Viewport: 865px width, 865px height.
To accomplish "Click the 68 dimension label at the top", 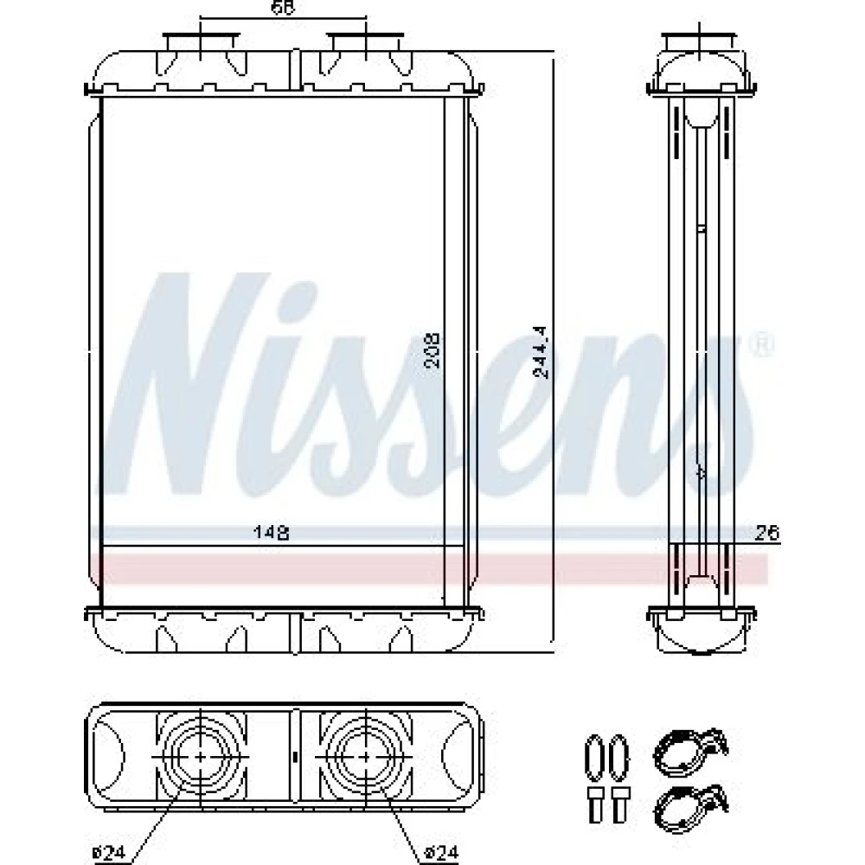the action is (x=283, y=7).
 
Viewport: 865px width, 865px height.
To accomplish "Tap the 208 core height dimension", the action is (x=432, y=349).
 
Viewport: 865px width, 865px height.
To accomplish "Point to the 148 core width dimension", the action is (x=271, y=533).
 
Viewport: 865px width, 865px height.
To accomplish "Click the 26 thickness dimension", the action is (x=766, y=533).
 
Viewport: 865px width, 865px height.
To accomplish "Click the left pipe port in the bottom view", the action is (x=200, y=757).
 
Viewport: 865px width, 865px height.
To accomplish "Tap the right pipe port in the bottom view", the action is (x=366, y=757).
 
